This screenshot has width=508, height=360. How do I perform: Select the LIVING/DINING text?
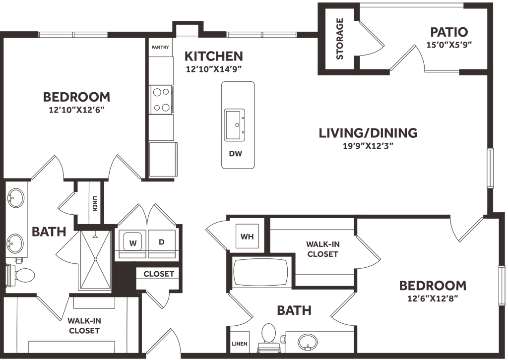[368, 132]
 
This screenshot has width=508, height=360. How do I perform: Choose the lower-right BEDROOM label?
[432, 286]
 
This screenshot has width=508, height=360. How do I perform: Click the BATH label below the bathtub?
[294, 310]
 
